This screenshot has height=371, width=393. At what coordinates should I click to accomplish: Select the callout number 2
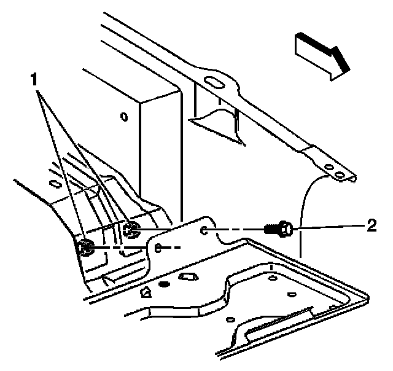click(x=370, y=225)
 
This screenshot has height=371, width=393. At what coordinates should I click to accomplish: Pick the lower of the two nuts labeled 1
click(x=85, y=248)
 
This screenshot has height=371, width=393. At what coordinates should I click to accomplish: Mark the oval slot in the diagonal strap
click(x=214, y=82)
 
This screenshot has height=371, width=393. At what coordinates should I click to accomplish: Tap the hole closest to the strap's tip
click(x=338, y=177)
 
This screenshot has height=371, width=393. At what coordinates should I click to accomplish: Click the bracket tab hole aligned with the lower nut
click(x=158, y=248)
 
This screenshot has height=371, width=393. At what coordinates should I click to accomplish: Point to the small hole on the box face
click(x=124, y=115)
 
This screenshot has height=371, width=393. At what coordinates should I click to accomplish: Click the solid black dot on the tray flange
click(x=163, y=284)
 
